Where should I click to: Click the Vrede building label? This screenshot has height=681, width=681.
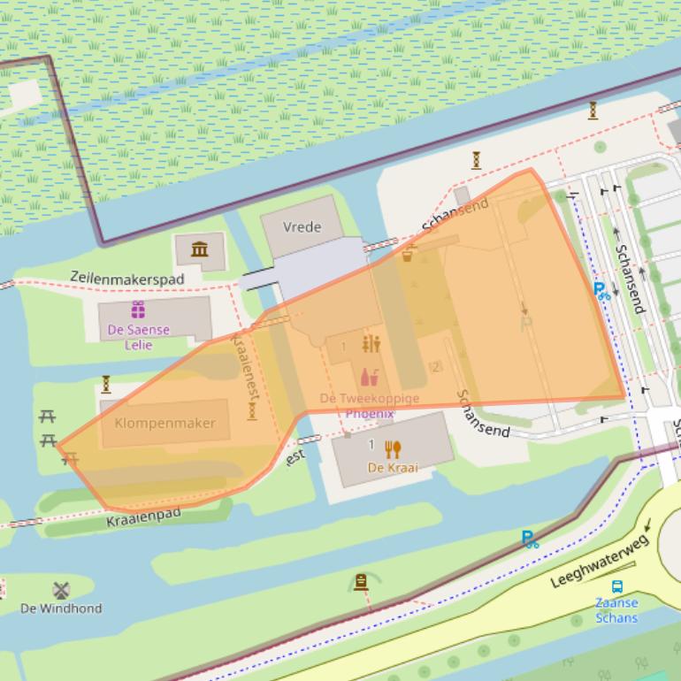[x=302, y=227]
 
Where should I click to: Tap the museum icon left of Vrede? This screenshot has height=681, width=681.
[x=200, y=250]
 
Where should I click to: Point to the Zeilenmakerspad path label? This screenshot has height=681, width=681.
[x=127, y=279]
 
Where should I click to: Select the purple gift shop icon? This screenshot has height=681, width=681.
[x=138, y=310]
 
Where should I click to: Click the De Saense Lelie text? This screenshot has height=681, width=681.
[x=138, y=336]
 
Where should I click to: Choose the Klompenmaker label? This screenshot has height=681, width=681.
[x=165, y=423]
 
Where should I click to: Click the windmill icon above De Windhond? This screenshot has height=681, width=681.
[x=61, y=590]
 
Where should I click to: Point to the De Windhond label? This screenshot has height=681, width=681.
[x=61, y=608]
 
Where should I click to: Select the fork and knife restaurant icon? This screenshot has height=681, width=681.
[x=393, y=449]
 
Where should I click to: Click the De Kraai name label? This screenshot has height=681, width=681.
[x=393, y=468]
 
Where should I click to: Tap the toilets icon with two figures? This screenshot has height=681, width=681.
[x=371, y=344]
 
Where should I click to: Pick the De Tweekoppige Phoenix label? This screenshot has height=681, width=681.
[x=370, y=406]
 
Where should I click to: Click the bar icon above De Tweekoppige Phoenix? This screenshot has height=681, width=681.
[x=370, y=378]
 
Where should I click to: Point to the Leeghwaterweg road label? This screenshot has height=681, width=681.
[x=600, y=561]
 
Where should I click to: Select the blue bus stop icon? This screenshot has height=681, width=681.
[x=616, y=586]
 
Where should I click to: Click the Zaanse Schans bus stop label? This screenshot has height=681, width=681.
[x=616, y=610]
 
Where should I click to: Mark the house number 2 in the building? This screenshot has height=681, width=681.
[x=435, y=367]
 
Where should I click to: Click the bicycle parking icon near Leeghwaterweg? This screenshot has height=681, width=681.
[x=530, y=539]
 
